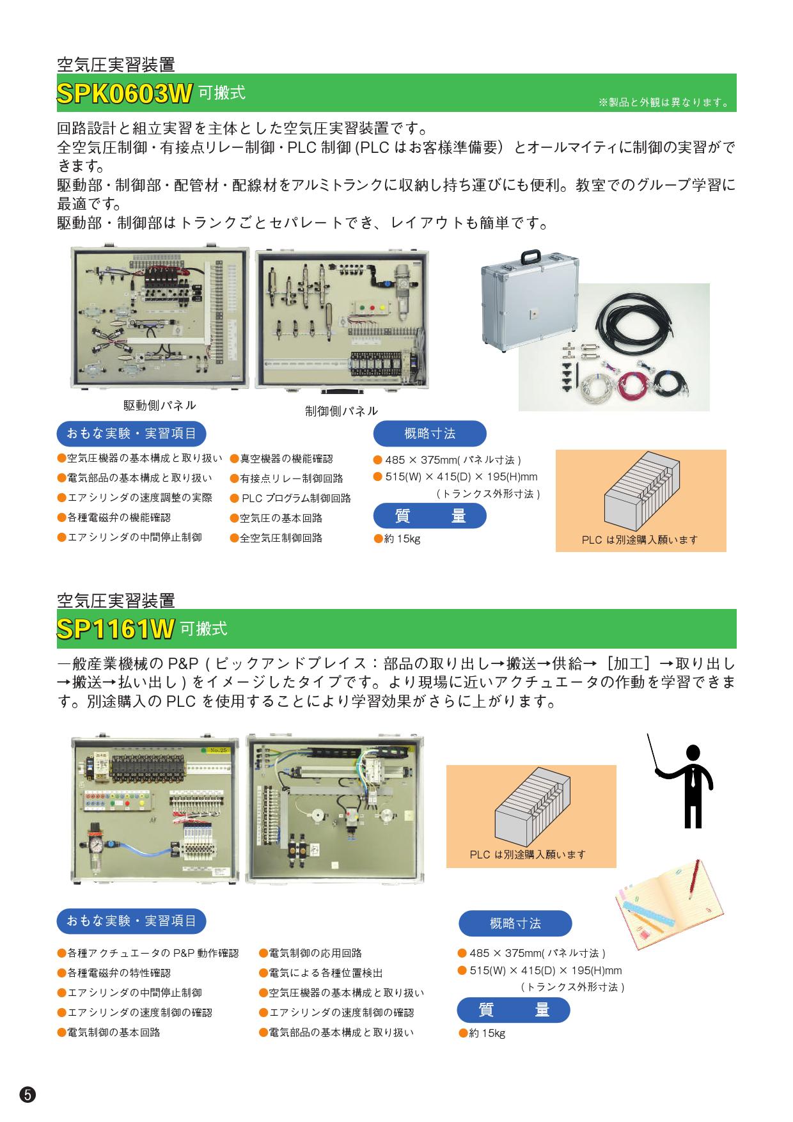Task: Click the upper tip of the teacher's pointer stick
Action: [x=648, y=734]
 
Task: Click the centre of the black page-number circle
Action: [x=27, y=1094]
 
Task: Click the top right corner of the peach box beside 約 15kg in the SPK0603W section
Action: [x=726, y=450]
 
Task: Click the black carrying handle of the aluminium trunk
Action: [x=531, y=255]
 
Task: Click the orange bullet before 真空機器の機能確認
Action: [x=235, y=459]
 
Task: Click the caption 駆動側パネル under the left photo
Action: [x=160, y=406]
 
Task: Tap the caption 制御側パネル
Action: [x=342, y=411]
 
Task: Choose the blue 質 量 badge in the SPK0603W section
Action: [x=430, y=516]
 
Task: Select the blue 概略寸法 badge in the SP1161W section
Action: [x=515, y=923]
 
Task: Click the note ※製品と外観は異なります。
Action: [x=663, y=102]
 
